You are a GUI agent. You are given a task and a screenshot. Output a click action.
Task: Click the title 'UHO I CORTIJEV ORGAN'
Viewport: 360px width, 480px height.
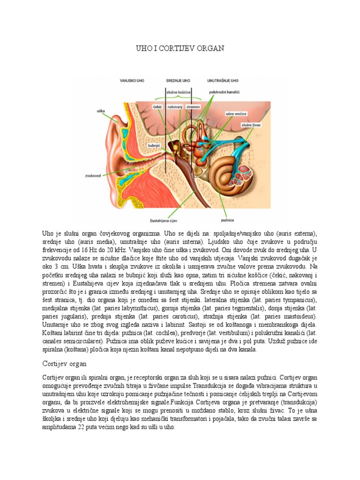[180, 48]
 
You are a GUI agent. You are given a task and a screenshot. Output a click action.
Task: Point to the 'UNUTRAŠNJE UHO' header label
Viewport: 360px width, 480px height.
[223, 81]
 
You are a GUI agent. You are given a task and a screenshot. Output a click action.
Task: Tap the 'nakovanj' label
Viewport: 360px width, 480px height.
[175, 107]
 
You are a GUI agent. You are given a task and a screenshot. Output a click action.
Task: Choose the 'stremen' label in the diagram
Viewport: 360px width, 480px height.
[193, 107]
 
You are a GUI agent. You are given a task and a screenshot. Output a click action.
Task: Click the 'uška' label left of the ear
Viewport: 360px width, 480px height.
[100, 111]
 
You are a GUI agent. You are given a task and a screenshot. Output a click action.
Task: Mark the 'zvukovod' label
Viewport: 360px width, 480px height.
[94, 176]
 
